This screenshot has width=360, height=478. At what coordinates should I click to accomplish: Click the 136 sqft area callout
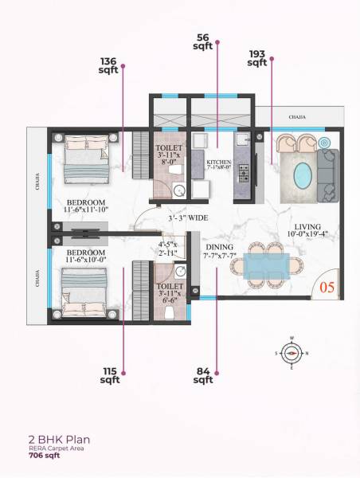(x=108, y=65)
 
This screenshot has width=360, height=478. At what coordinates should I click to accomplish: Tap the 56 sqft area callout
(x=202, y=41)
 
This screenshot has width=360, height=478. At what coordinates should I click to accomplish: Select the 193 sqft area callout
(x=256, y=58)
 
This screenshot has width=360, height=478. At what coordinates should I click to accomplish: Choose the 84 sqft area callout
(x=203, y=375)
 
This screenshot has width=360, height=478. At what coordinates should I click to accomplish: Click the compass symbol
(x=292, y=351)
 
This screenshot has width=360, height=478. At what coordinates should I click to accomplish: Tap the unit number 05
(x=327, y=287)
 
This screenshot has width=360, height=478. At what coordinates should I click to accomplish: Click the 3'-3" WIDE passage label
(x=188, y=217)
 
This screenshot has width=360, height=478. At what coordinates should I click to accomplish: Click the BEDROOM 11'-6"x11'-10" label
(x=85, y=206)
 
